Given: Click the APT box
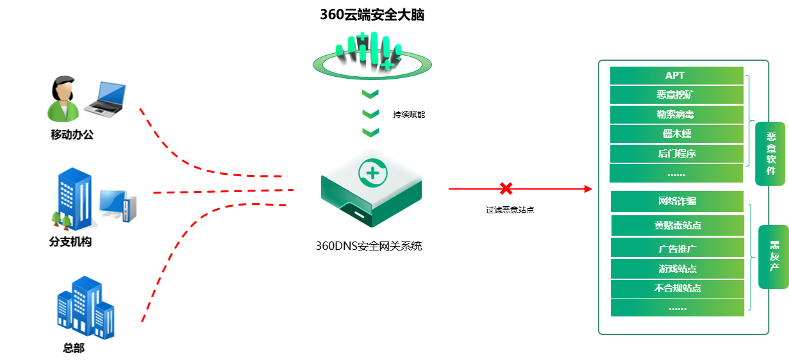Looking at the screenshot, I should [x=676, y=76].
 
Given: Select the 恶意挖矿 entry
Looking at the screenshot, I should [x=676, y=95].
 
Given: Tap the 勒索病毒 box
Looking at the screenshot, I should [x=676, y=115].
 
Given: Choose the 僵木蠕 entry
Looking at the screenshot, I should [x=676, y=134].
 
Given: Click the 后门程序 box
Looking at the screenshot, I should [x=676, y=154].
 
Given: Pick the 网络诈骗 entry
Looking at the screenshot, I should [x=677, y=201].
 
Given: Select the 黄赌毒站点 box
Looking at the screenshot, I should [x=677, y=225].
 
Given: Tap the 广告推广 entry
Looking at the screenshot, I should [x=677, y=248].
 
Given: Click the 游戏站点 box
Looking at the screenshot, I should [x=677, y=268].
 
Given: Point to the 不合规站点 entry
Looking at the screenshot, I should [x=677, y=288].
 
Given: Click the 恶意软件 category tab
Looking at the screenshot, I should [x=770, y=154].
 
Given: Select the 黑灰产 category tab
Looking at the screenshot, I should [x=774, y=256].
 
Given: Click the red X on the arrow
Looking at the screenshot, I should [x=506, y=188].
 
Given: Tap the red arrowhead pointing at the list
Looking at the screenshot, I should [x=588, y=189].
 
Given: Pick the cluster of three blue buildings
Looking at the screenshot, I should [x=85, y=307].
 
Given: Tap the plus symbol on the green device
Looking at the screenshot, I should [x=370, y=172].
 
